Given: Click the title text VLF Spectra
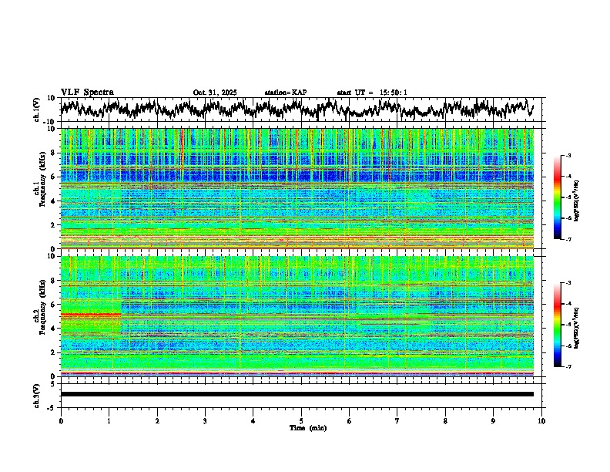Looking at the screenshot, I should (87, 93).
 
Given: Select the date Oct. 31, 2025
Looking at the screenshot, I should (215, 93).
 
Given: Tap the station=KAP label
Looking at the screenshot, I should (285, 93).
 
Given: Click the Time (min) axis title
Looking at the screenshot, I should (301, 427).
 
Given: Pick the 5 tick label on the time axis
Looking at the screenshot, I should (301, 420).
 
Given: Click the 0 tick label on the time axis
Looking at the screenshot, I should (61, 420).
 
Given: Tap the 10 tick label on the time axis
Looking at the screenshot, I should (541, 420).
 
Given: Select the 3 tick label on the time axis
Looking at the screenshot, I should (205, 420).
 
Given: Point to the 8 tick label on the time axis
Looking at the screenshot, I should (445, 420).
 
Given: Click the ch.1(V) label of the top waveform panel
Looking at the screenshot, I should (37, 110).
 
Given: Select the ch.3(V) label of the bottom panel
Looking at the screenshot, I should (37, 394).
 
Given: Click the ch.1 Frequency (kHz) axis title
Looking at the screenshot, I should (39, 189).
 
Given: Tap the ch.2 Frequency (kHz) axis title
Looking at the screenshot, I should (39, 316).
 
